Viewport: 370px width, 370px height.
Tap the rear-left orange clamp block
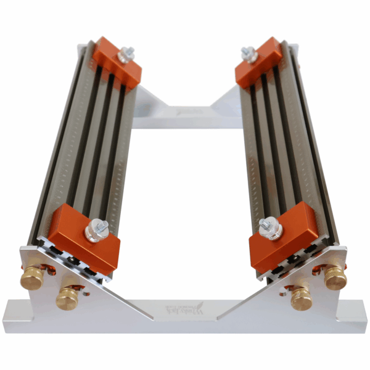pos(117,62)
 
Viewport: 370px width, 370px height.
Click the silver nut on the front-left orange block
pos(97,230)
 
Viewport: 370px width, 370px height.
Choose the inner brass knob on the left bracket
pos(67,298)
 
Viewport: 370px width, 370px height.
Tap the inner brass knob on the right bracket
pos(302,298)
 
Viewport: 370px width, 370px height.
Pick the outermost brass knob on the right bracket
pos(335,278)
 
